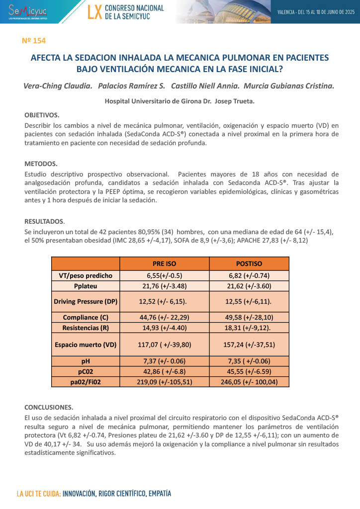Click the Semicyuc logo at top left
(x=27, y=10)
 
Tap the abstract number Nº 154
(x=34, y=40)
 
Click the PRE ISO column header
(x=164, y=263)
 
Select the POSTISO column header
(x=249, y=263)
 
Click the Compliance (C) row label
(x=86, y=317)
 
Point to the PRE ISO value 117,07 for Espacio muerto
(x=164, y=344)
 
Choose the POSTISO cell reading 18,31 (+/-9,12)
(x=249, y=328)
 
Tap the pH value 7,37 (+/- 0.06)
(x=164, y=361)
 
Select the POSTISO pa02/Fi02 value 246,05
(x=249, y=382)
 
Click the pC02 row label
(x=86, y=371)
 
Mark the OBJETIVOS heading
(x=42, y=114)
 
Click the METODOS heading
(x=41, y=164)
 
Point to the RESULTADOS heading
(x=45, y=221)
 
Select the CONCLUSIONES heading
(x=49, y=407)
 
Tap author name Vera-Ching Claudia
(x=58, y=85)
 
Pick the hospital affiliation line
(x=180, y=101)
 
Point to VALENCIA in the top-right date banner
(x=287, y=12)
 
